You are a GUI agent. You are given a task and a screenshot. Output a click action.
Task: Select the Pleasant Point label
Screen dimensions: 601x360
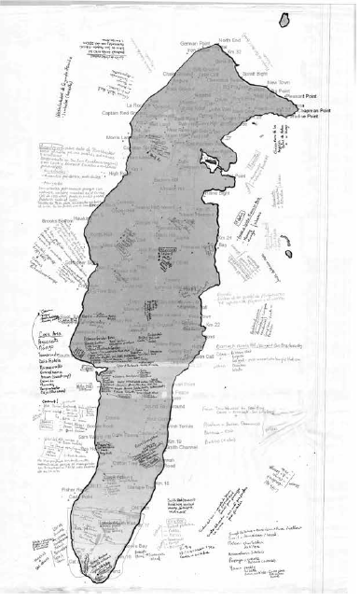coord(303,96)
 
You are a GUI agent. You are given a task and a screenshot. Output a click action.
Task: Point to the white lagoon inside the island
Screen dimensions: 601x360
coord(210,164)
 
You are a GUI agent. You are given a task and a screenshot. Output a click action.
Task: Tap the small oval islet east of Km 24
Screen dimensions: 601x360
coord(288,253)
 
